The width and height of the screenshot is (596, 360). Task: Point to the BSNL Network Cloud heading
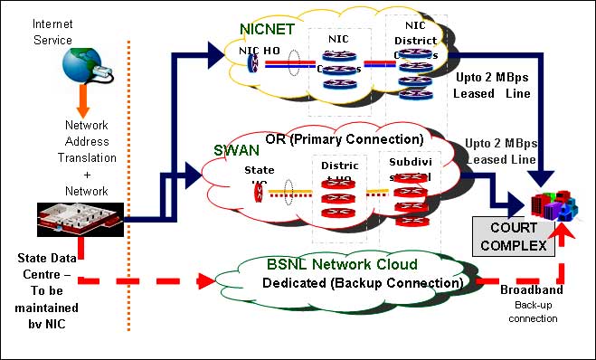click(x=341, y=264)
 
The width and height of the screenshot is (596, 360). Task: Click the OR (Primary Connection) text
click(x=344, y=139)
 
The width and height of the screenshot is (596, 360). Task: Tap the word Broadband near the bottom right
click(x=531, y=290)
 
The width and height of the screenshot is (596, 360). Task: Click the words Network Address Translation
click(x=87, y=141)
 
